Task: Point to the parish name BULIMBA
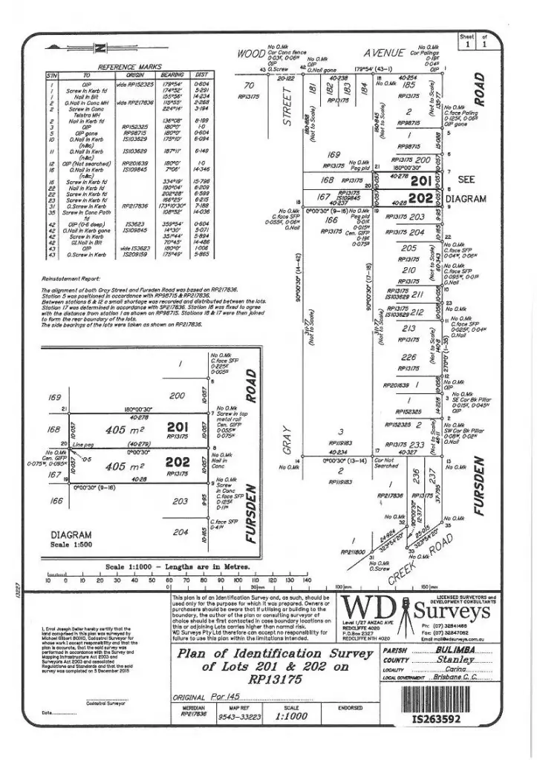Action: (x=452, y=649)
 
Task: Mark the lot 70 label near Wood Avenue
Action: (x=244, y=86)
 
